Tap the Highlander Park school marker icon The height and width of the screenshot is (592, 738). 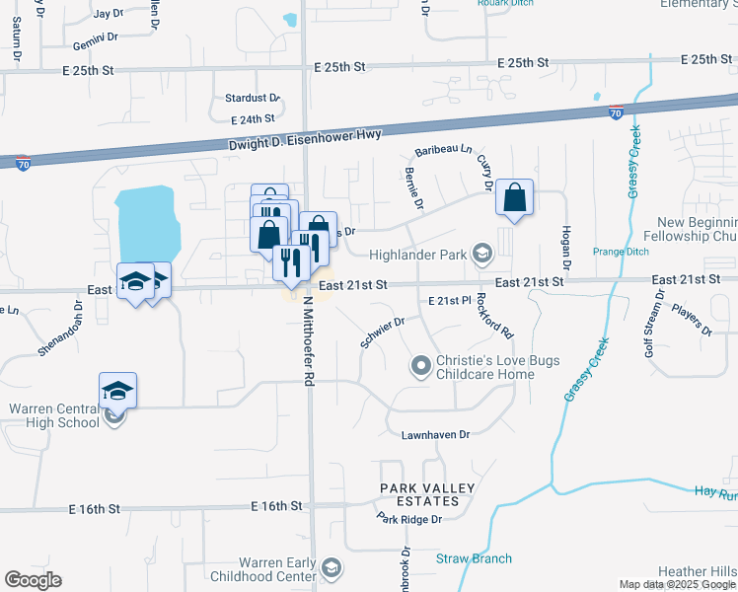click(481, 255)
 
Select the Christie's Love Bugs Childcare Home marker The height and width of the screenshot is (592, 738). click(421, 367)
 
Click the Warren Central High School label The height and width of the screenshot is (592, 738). click(54, 415)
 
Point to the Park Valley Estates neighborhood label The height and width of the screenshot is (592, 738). click(427, 494)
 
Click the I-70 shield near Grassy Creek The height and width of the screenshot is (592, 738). click(615, 111)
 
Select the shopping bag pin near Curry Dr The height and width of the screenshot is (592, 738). click(515, 198)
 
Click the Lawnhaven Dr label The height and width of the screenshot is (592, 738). click(435, 434)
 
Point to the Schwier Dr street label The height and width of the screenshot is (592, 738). click(383, 327)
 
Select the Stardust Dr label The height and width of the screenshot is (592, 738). click(253, 99)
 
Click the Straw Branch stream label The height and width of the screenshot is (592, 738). click(474, 558)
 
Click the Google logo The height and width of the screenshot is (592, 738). click(33, 580)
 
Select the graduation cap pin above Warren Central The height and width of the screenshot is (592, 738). click(118, 391)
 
